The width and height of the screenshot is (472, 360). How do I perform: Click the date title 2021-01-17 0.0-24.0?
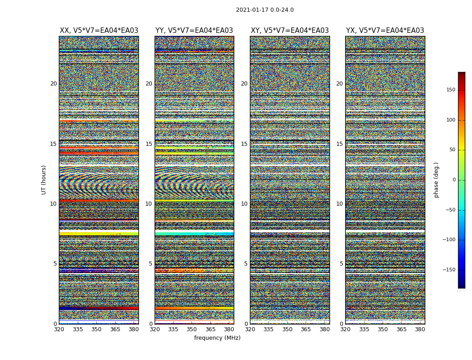coord(264,10)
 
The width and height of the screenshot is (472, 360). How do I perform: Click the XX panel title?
coord(99,31)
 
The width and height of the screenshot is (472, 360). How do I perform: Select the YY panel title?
coord(194,31)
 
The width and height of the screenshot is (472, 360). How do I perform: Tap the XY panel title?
coord(289,31)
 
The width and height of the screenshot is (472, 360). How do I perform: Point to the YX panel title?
coord(385,31)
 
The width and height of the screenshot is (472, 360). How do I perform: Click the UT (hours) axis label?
coord(44,180)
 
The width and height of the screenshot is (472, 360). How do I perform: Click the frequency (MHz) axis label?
coord(217,338)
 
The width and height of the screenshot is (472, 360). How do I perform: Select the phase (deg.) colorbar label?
coord(436,180)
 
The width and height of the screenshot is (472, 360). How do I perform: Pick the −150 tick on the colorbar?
coord(448,270)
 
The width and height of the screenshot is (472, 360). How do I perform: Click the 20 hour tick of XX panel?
coord(53,84)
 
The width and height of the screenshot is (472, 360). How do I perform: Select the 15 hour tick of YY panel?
coord(148,144)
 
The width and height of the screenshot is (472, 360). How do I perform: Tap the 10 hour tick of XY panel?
coord(244,204)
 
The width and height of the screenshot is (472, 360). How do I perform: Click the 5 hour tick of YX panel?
coord(341,264)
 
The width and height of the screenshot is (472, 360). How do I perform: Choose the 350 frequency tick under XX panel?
coord(96,329)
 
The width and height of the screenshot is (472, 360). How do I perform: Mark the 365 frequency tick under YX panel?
coord(401,329)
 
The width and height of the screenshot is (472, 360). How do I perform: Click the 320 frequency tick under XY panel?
coord(250,329)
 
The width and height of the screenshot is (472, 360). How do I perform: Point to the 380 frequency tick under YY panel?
coord(229,329)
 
